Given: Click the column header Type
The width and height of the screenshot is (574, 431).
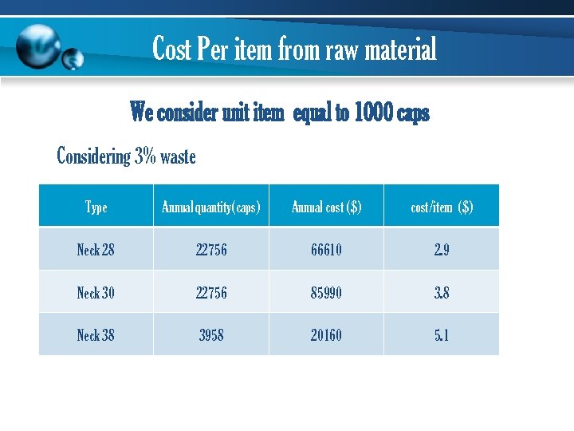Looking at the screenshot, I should click(x=96, y=208).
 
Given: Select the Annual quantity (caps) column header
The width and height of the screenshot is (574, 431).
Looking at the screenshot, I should click(x=211, y=208).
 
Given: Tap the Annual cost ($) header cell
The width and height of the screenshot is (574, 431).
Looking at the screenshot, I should click(x=326, y=208).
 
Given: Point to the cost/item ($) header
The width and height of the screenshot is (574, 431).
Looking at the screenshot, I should click(x=442, y=208).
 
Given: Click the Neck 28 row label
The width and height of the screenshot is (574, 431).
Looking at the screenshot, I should click(x=96, y=250).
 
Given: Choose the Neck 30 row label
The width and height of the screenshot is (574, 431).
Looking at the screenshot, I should click(x=96, y=293).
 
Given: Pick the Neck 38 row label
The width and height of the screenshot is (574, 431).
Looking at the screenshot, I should click(x=96, y=335).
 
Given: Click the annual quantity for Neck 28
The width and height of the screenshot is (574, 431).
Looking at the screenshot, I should click(x=211, y=250).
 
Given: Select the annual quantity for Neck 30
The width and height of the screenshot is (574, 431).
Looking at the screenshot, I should click(x=211, y=293).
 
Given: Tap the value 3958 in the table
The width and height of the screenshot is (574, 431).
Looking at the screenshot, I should click(x=211, y=335).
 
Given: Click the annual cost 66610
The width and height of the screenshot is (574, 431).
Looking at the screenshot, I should click(x=326, y=250).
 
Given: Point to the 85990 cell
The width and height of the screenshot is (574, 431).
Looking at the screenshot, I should click(x=326, y=293).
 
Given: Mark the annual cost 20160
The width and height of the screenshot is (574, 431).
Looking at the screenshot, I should click(x=326, y=335).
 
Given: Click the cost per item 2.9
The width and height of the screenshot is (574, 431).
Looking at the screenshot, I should click(x=442, y=250).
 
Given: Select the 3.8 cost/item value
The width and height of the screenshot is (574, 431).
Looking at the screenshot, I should click(x=442, y=293).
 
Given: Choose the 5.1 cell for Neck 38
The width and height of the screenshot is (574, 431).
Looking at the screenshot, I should click(x=442, y=335).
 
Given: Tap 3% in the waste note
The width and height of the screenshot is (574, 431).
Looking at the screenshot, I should click(x=145, y=156).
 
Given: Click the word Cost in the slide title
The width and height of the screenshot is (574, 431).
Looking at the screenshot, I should click(x=172, y=49).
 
